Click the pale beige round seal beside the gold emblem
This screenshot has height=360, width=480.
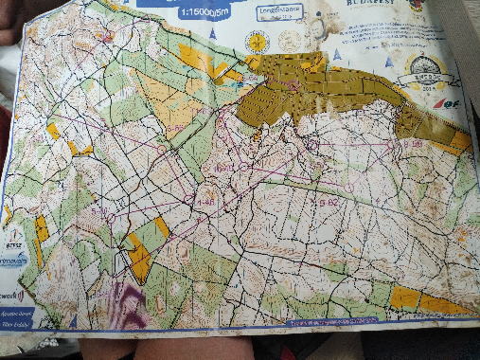point(290,41)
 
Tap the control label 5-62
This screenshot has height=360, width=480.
point(327,202)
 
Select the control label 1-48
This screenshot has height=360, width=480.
point(204,202)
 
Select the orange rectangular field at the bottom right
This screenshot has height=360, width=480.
point(405,297)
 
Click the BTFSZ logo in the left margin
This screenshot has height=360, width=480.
point(12,238)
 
